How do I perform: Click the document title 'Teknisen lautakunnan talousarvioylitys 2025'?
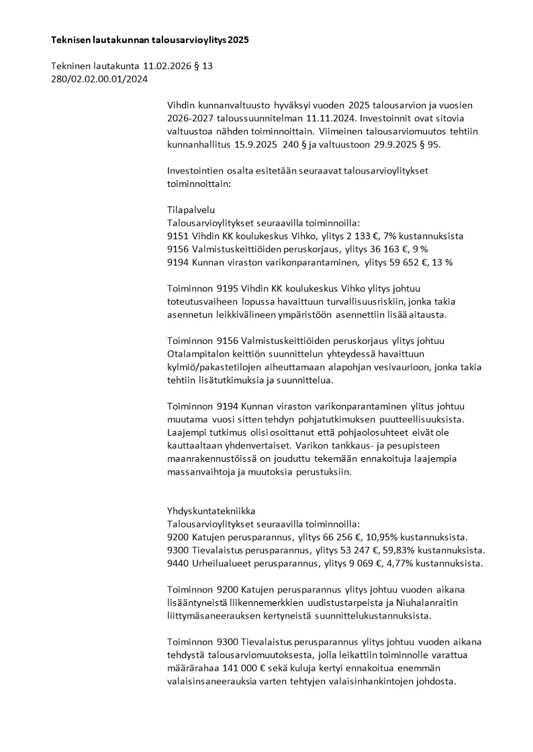tap(150, 40)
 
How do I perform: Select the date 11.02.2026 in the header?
tap(166, 66)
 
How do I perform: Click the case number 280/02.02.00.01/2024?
tap(99, 79)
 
